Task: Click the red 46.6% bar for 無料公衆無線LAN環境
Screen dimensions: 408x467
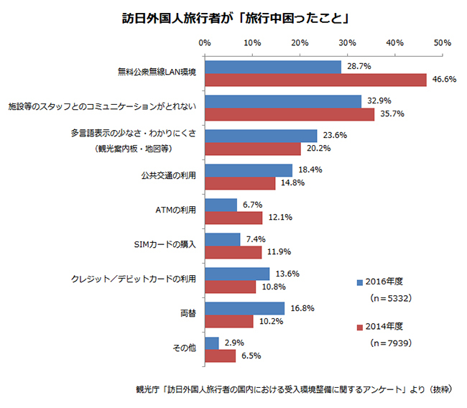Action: coord(315,80)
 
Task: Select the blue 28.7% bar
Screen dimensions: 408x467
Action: coord(273,67)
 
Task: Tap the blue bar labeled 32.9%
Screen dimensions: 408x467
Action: coord(283,101)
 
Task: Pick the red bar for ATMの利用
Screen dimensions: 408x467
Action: coord(233,218)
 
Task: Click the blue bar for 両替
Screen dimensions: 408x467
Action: coord(245,308)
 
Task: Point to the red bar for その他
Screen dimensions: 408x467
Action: coord(221,356)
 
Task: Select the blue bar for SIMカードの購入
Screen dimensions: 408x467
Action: coord(223,239)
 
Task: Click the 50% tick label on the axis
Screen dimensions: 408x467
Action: coord(442,43)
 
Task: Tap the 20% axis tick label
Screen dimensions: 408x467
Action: coord(300,43)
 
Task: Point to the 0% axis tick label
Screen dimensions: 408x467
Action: coord(205,43)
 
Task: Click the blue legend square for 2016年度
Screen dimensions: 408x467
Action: coord(359,282)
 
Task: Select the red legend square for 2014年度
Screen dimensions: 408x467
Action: coord(359,328)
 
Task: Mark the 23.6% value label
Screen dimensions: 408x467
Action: coord(335,134)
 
